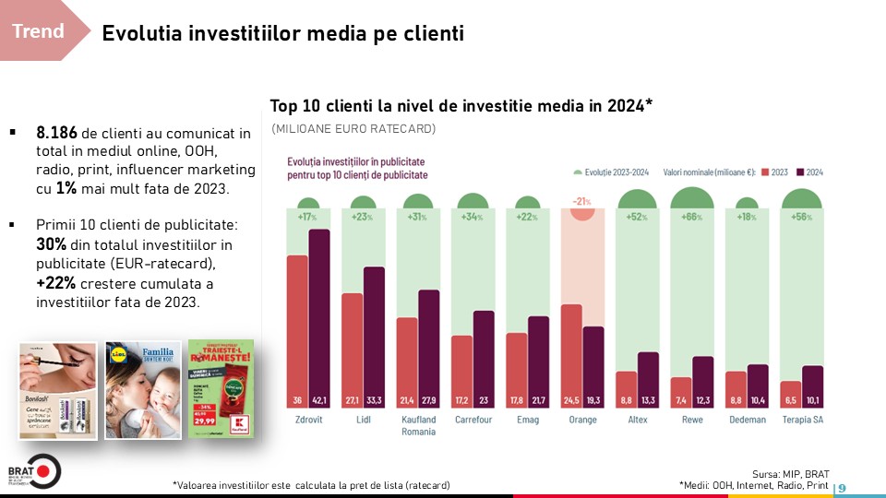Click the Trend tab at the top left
pyautogui.click(x=39, y=31)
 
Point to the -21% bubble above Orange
pyautogui.click(x=581, y=207)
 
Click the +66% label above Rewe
pyautogui.click(x=692, y=218)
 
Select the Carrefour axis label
pyautogui.click(x=473, y=420)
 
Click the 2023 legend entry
pyautogui.click(x=773, y=172)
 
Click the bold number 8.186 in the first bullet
pyautogui.click(x=56, y=134)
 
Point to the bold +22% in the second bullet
pyautogui.click(x=55, y=284)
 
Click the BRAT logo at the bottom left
pyautogui.click(x=33, y=471)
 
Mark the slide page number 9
pyautogui.click(x=842, y=487)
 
